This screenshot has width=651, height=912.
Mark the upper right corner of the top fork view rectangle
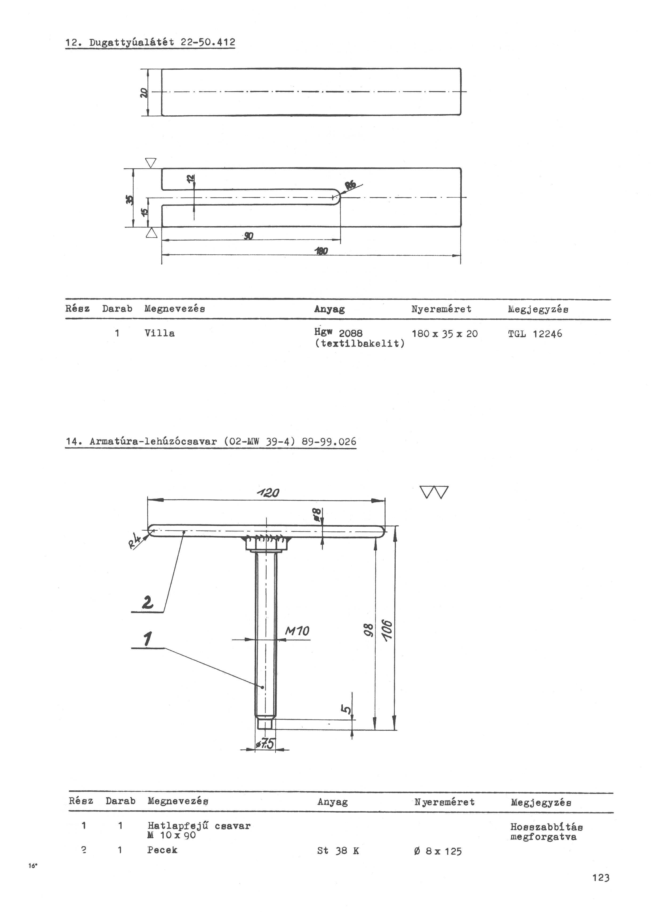pyautogui.click(x=461, y=69)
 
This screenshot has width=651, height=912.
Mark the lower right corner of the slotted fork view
pyautogui.click(x=461, y=226)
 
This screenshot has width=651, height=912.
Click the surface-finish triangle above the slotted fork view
pyautogui.click(x=151, y=162)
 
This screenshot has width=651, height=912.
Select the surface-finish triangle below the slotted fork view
pyautogui.click(x=151, y=233)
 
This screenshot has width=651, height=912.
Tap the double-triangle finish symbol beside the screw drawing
pyautogui.click(x=435, y=492)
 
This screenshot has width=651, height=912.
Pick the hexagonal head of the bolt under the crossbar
pyautogui.click(x=266, y=543)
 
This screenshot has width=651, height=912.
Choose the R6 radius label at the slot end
pyautogui.click(x=350, y=185)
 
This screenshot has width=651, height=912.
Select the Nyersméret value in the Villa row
pyautogui.click(x=445, y=334)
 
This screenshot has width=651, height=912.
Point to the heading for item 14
pyautogui.click(x=211, y=442)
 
